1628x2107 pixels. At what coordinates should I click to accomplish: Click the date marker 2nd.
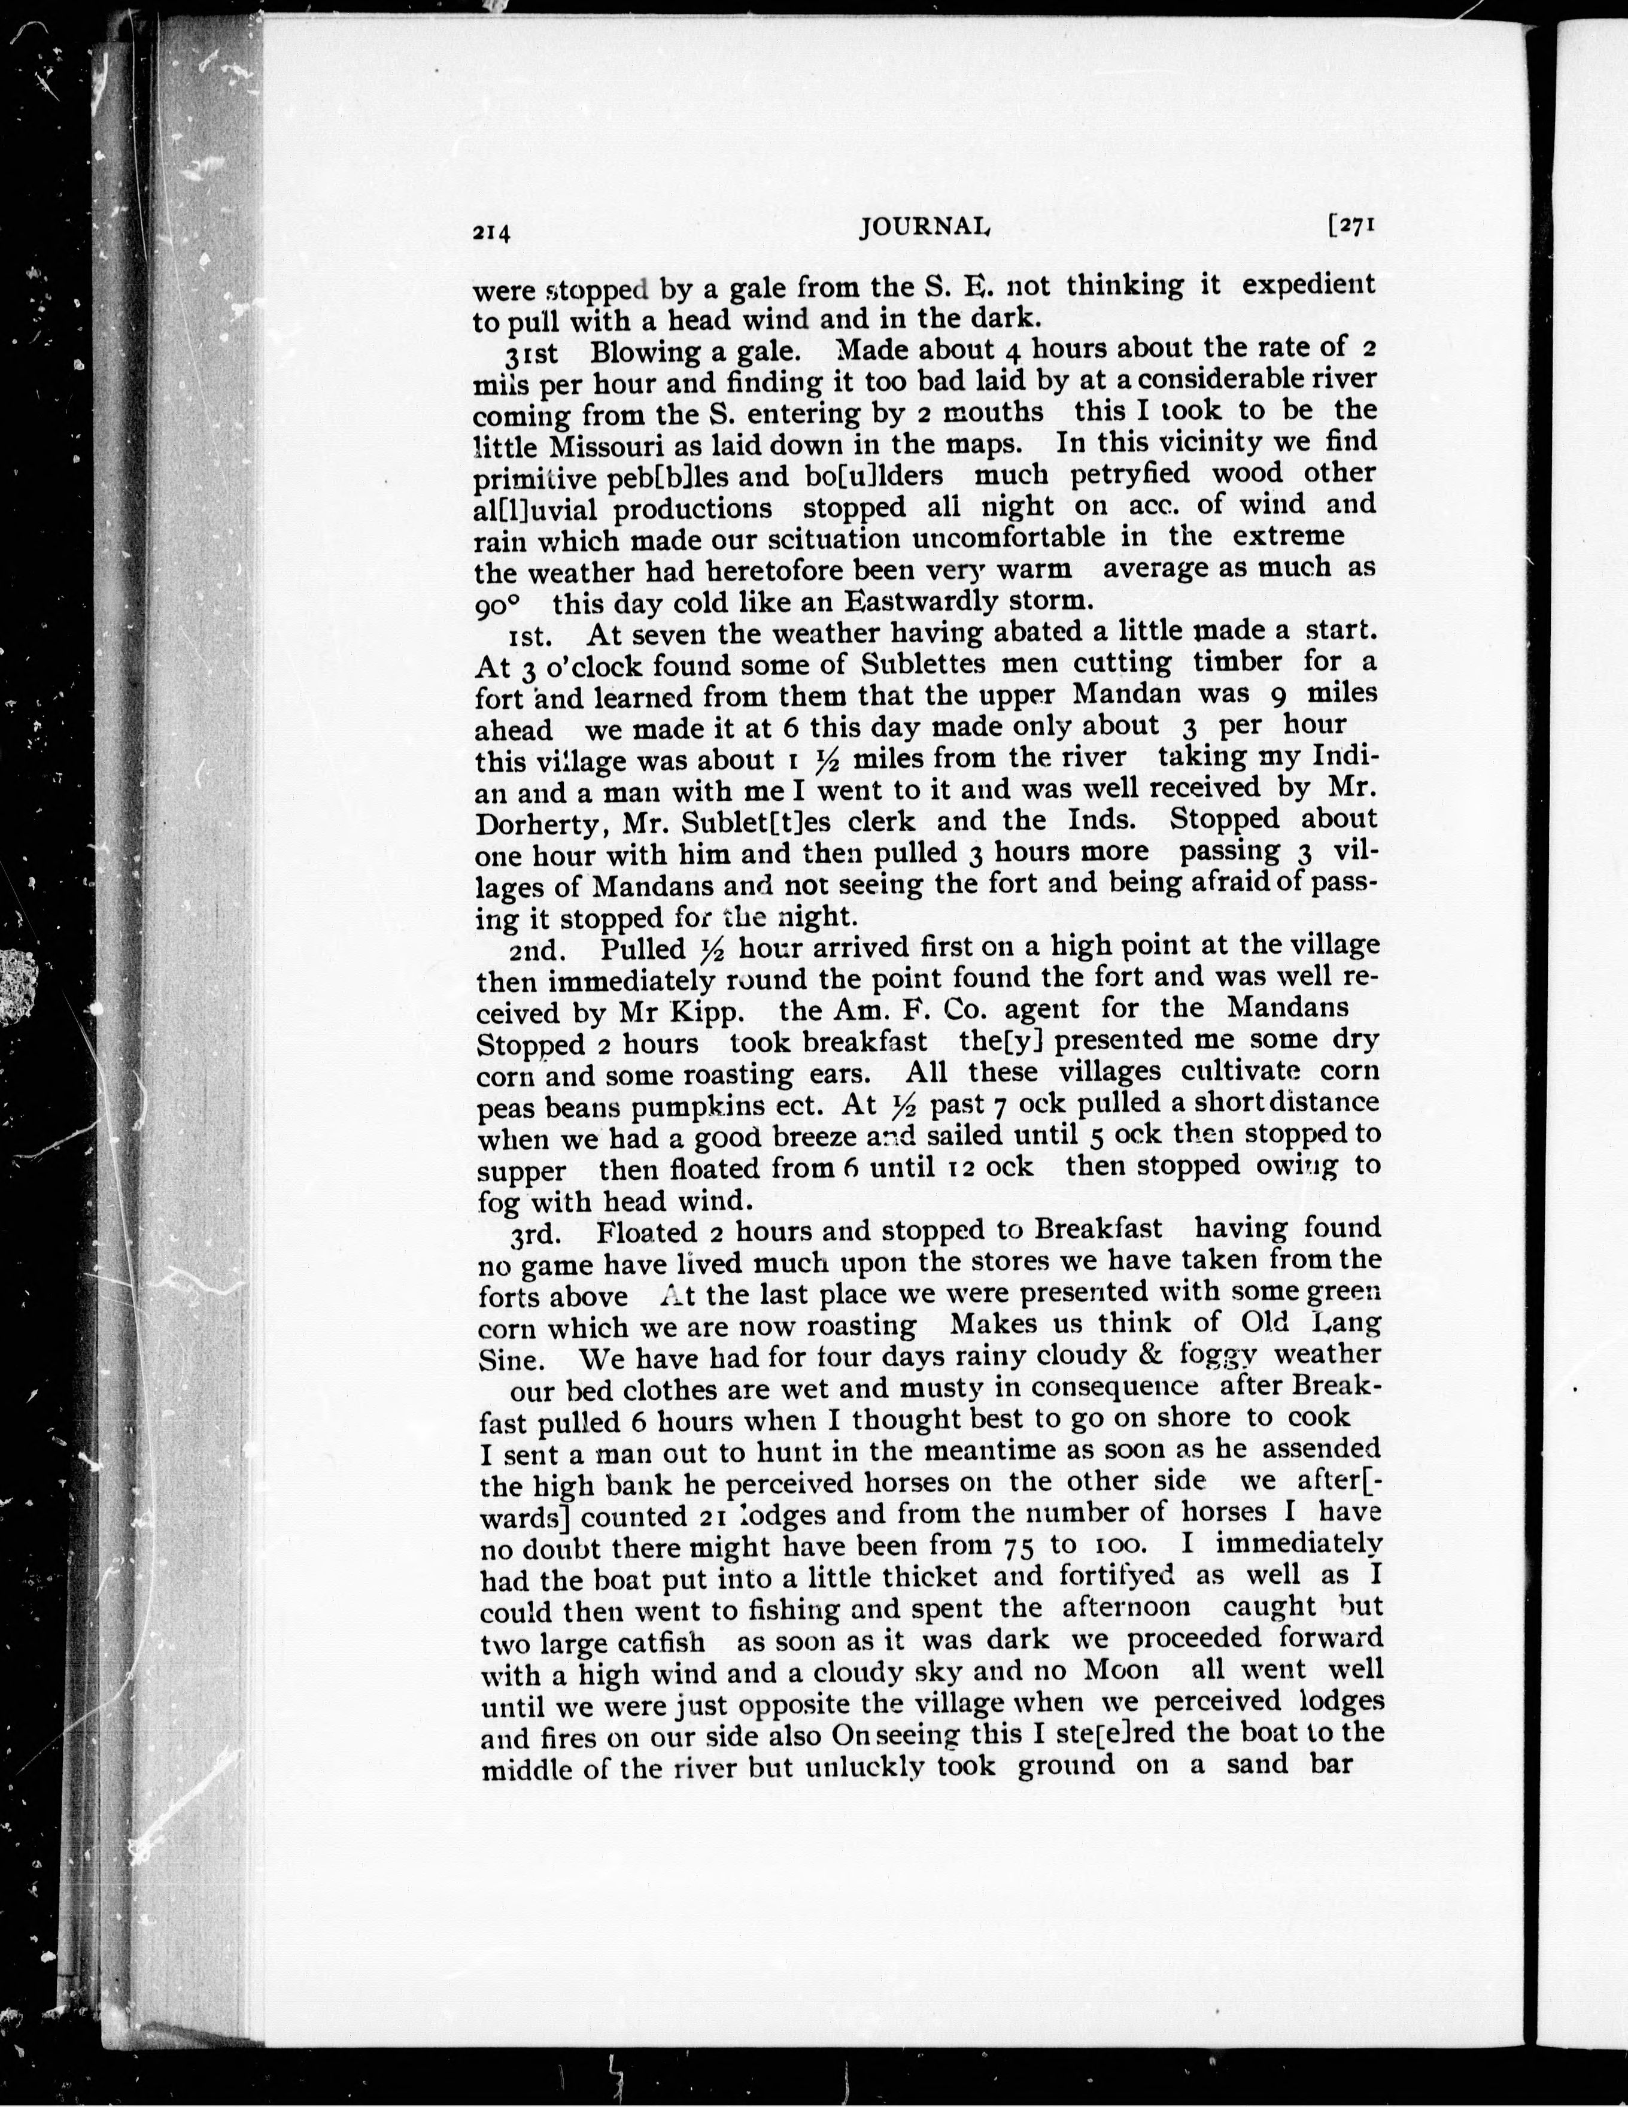pyautogui.click(x=533, y=951)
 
